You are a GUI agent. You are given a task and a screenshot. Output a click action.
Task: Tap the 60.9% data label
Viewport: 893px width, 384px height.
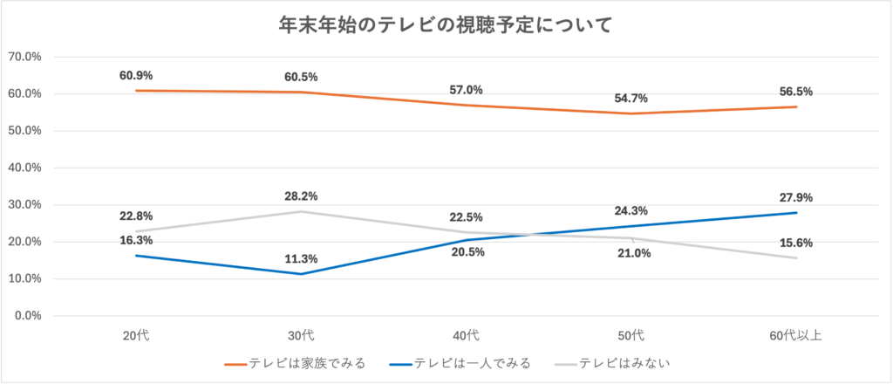point(136,75)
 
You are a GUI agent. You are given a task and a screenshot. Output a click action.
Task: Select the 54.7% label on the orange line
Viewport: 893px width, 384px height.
point(631,99)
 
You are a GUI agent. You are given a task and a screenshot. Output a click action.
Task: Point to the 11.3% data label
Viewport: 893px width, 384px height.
point(301,258)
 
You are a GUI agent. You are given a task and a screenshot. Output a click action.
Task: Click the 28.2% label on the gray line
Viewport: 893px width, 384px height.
point(301,196)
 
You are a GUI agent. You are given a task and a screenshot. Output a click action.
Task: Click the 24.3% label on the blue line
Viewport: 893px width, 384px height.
point(631,210)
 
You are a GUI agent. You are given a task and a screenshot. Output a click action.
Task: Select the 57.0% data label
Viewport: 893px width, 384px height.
point(466,90)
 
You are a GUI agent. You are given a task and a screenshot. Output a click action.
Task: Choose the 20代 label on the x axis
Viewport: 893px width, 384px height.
point(136,335)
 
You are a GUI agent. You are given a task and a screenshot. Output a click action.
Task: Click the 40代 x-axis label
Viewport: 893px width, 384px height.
point(466,335)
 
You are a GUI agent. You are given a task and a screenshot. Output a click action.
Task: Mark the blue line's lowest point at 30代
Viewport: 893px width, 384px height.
point(301,274)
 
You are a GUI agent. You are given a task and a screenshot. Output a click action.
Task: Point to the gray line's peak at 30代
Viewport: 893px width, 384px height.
point(301,211)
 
